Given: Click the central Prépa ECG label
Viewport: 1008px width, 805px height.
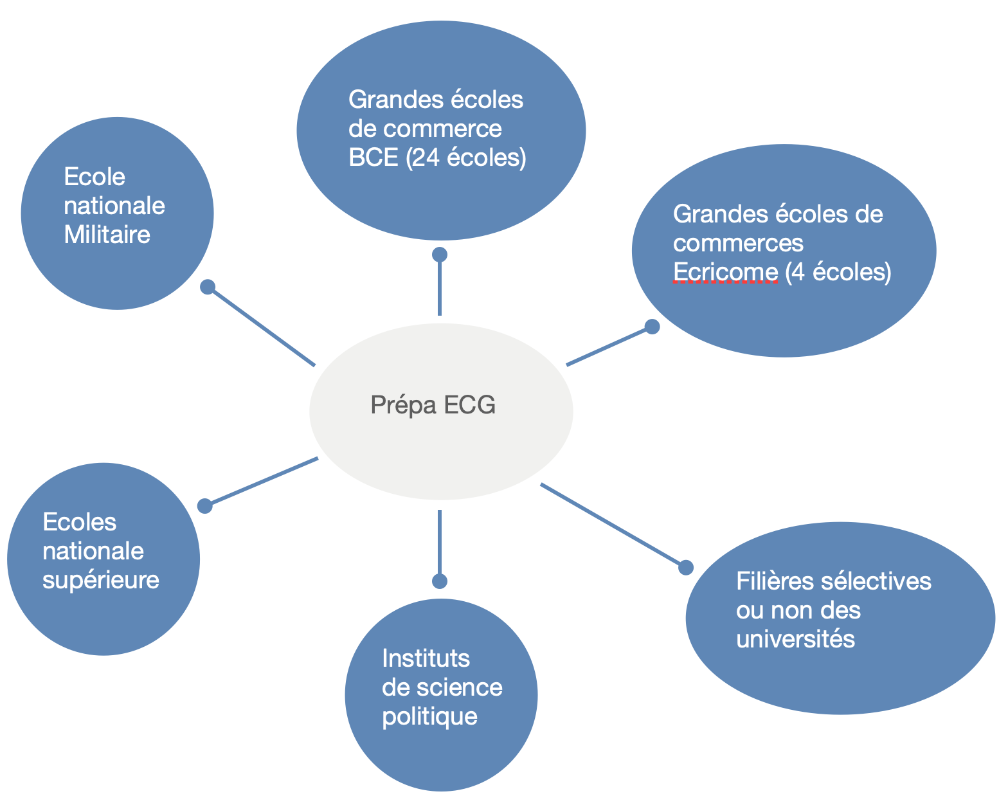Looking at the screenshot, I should pyautogui.click(x=433, y=405).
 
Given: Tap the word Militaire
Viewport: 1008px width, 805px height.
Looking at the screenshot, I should pyautogui.click(x=107, y=235).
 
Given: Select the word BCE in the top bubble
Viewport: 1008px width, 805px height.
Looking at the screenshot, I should pyautogui.click(x=373, y=158).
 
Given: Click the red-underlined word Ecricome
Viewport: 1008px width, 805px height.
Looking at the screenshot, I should pyautogui.click(x=725, y=272).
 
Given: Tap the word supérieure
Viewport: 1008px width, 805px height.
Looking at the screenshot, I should pyautogui.click(x=100, y=580).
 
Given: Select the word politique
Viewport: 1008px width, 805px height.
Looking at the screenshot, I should pyautogui.click(x=429, y=716).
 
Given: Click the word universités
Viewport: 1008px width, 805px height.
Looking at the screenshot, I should pyautogui.click(x=795, y=639).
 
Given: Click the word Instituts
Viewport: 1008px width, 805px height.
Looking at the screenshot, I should pyautogui.click(x=426, y=658).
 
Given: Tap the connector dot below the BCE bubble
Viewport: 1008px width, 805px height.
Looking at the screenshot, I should pyautogui.click(x=440, y=255).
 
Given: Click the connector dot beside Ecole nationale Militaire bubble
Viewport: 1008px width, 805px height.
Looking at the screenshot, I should pyautogui.click(x=207, y=287).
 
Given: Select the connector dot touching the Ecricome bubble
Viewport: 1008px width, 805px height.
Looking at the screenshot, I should pyautogui.click(x=652, y=327).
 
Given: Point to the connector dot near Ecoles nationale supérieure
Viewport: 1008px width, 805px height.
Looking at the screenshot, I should pyautogui.click(x=204, y=506).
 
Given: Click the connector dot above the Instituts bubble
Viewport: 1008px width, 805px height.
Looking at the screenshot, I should pyautogui.click(x=440, y=581).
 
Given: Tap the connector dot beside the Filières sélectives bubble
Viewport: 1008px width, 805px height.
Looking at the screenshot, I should pyautogui.click(x=686, y=567).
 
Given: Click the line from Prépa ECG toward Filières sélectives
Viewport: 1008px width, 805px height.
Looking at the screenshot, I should pyautogui.click(x=611, y=524).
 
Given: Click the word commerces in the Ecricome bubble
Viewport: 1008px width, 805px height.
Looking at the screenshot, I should pyautogui.click(x=738, y=243).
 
